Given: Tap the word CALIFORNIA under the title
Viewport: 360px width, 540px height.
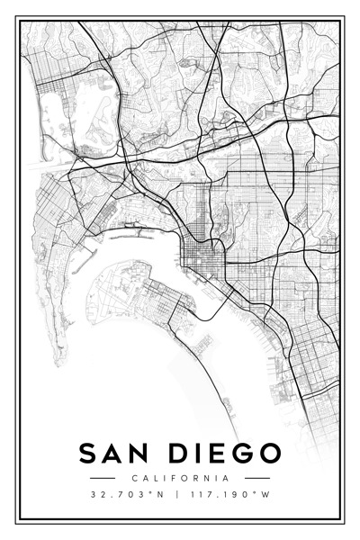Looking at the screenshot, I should (x=180, y=478).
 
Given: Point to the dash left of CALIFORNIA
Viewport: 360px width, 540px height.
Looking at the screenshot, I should (x=103, y=478).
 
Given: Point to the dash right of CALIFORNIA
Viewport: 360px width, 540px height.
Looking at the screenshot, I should (x=257, y=478).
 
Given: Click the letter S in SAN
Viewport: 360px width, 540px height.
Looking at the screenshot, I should (x=89, y=453).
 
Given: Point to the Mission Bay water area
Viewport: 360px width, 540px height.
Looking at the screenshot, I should (x=76, y=117).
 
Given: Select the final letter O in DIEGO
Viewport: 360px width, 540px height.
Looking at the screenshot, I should (x=269, y=453).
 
